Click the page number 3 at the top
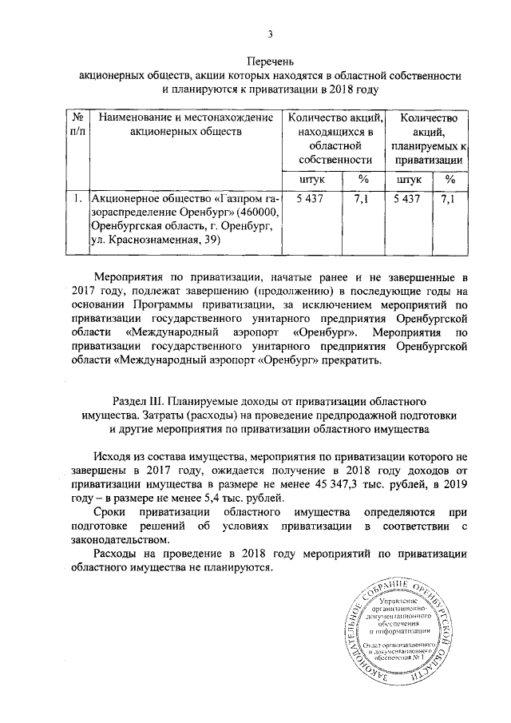point(271,33)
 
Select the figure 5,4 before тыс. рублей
point(196,499)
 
